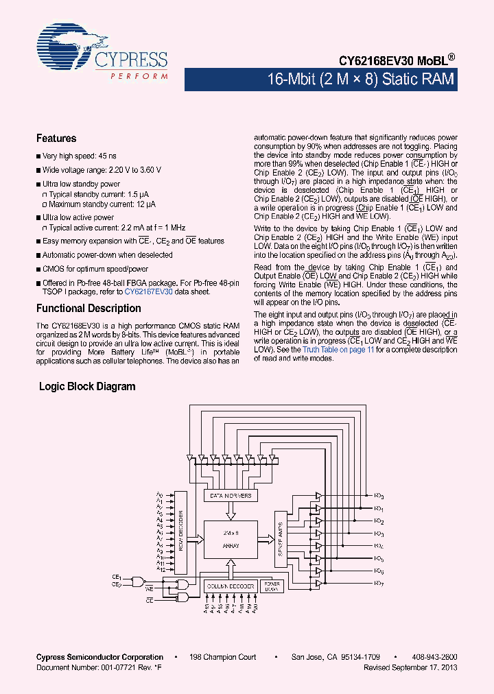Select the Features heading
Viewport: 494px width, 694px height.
pos(56,139)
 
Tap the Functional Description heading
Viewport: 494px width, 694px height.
pos(89,309)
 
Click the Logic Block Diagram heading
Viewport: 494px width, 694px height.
pos(87,387)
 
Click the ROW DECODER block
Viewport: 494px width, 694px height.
pos(180,531)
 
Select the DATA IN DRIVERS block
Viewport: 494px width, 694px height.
pos(229,496)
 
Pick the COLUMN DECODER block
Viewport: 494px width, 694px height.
pos(231,586)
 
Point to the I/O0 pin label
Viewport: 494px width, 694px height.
pos(379,496)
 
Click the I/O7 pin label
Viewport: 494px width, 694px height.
pos(379,583)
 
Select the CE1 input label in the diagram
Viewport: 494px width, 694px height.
pos(117,577)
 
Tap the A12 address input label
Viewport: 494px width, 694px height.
pos(161,570)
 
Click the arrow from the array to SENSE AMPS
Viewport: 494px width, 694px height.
pos(266,536)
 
